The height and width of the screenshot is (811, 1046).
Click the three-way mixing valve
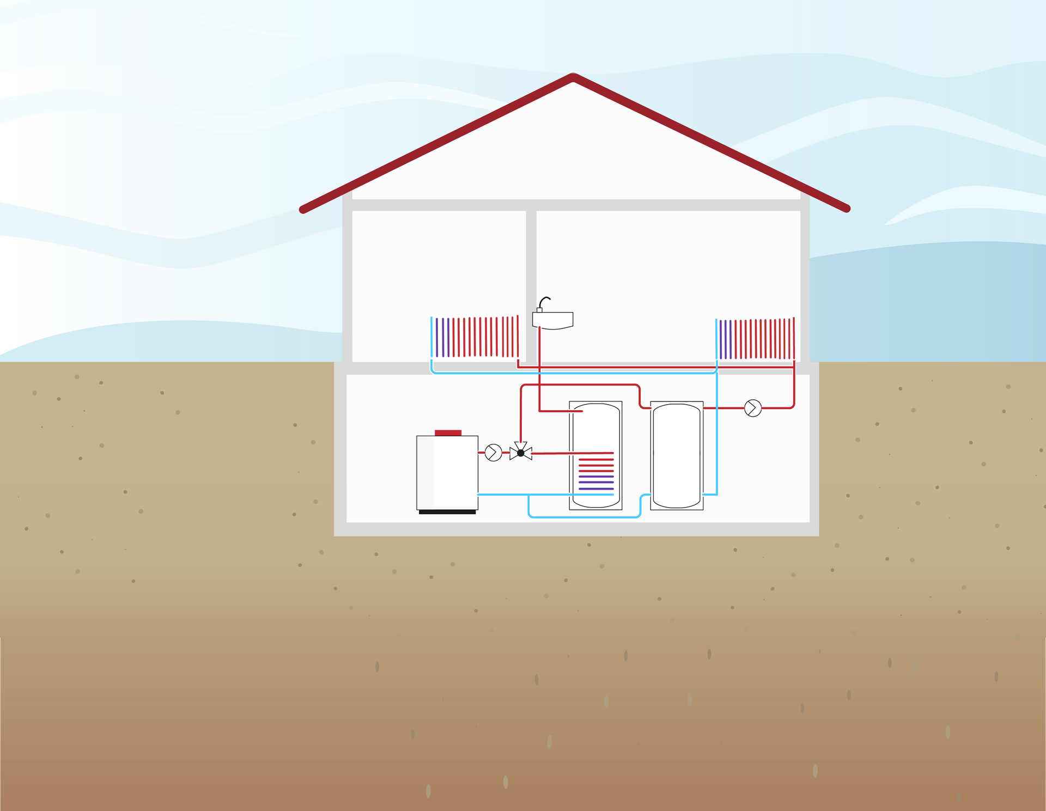(x=521, y=452)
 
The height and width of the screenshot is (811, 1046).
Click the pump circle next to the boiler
(x=493, y=453)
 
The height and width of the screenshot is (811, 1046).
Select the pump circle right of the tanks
(x=752, y=408)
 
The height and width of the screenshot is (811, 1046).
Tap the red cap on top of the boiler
(x=448, y=432)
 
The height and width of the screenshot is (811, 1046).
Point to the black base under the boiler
(x=447, y=512)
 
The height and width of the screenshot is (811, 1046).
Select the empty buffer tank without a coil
(x=677, y=455)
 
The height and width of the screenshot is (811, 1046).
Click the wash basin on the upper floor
(x=553, y=320)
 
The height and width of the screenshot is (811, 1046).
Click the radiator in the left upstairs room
(x=474, y=337)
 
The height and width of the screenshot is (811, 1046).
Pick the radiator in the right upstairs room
(x=755, y=339)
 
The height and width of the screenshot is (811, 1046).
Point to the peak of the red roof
(x=573, y=77)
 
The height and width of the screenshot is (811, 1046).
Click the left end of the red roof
(x=303, y=210)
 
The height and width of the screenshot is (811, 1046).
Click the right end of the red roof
(x=846, y=209)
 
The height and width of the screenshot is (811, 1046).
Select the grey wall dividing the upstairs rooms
(x=531, y=283)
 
